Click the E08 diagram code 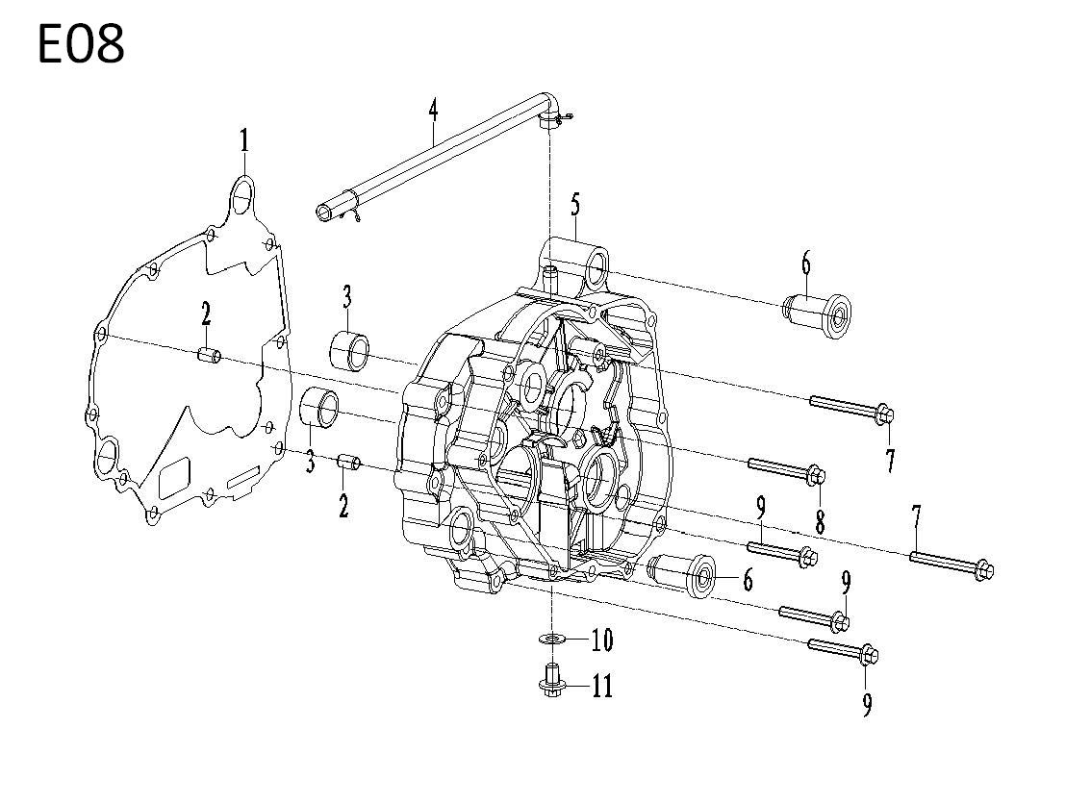(x=81, y=44)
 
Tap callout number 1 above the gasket (x=244, y=141)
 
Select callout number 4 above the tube (x=434, y=110)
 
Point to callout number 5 (x=574, y=206)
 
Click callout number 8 (x=821, y=520)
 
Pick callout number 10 (x=602, y=640)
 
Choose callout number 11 (x=602, y=687)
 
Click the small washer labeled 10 (x=553, y=638)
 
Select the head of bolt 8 (x=816, y=475)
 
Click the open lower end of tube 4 (x=325, y=212)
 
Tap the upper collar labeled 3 (x=350, y=350)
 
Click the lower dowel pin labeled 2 (x=348, y=462)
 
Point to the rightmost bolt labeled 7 (x=951, y=564)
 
